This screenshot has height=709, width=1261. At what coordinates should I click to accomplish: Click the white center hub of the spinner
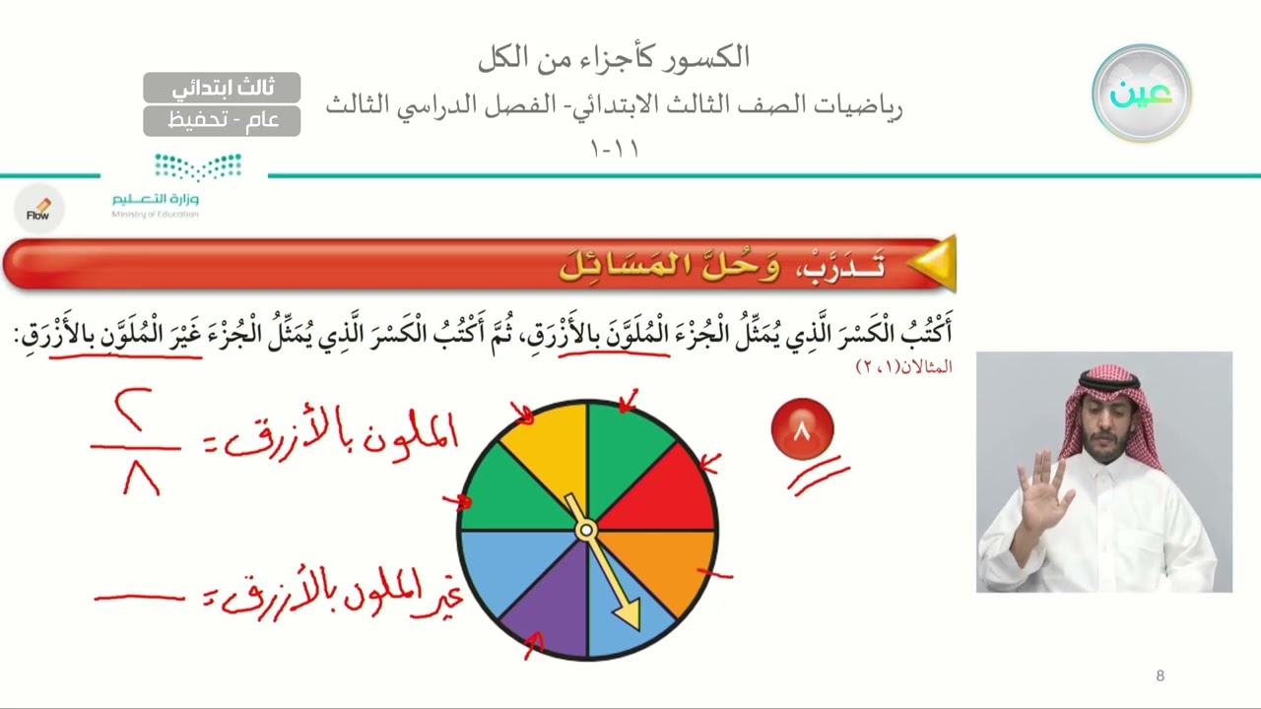tap(586, 531)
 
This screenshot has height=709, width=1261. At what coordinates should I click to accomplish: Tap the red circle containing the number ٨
tap(802, 429)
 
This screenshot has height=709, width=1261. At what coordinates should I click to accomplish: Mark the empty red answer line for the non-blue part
tap(139, 597)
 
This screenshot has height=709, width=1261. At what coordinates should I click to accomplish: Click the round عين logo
tap(1141, 93)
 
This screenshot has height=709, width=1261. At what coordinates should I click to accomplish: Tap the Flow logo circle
tap(38, 209)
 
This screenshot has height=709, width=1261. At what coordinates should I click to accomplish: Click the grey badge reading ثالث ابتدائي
tap(222, 88)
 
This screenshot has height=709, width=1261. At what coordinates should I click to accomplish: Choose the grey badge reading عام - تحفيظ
tap(222, 120)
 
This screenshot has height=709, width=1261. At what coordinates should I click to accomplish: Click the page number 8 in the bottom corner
tap(1160, 676)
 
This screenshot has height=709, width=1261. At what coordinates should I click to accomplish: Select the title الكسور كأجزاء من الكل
tap(613, 57)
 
